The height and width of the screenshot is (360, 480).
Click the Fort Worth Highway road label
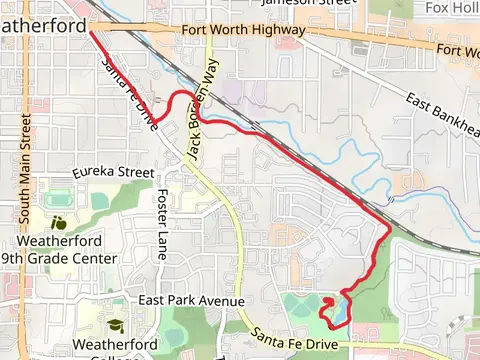click(243, 31)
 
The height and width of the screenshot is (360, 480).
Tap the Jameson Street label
click(307, 3)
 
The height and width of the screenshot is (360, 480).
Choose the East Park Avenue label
click(192, 301)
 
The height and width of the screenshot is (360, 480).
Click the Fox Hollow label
click(451, 8)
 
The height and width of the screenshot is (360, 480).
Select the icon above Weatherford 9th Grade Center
click(58, 224)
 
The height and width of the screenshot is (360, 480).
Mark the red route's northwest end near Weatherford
click(93, 33)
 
